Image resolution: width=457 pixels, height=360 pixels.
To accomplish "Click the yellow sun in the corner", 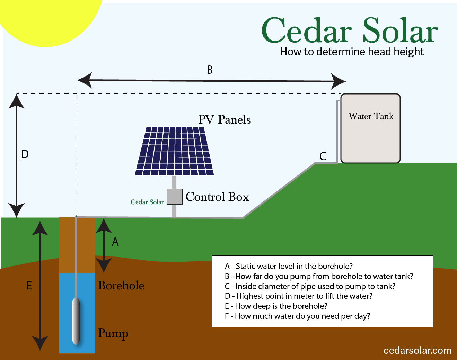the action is coord(47,19).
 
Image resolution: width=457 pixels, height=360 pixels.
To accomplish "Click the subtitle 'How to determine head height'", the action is coord(352,52).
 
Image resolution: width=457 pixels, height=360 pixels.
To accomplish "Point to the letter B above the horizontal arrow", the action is coord(210,70).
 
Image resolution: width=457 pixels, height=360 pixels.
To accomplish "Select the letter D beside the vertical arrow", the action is coord(25,154).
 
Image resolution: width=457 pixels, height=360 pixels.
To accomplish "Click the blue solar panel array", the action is coord(174,151).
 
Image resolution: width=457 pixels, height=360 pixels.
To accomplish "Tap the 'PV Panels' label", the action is coord(225,119).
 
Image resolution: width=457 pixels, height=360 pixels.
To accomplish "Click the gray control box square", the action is coord(174,197).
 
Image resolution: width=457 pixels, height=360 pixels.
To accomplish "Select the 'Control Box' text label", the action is coord(217,197).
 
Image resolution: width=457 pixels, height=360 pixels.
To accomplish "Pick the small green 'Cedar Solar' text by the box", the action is coord(147,202).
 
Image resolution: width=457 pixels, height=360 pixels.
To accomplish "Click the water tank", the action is coord(371,128).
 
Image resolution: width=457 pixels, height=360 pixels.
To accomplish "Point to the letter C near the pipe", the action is coord(323,156).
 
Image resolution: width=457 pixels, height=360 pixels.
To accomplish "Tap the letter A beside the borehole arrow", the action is coord(115,242).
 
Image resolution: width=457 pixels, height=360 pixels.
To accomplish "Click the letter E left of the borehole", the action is coord(29,285).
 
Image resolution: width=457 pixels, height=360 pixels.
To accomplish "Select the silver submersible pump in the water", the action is coord(76,321).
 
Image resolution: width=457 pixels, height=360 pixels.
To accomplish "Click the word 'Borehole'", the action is coord(121,285).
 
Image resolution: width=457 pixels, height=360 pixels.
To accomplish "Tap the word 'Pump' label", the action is coord(113,334).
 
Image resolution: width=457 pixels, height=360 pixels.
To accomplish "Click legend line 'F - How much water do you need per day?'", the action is coord(298,316).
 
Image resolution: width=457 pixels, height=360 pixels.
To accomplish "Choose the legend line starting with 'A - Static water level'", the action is coord(289,266).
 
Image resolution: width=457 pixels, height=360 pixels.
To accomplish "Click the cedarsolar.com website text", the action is coord(418,351).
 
